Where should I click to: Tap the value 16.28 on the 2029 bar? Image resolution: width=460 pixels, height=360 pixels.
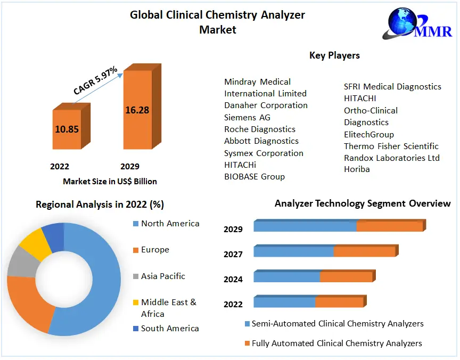point(137,110)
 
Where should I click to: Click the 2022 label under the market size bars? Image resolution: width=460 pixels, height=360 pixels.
point(60,166)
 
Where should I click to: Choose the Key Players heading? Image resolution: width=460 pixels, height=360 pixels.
point(334,55)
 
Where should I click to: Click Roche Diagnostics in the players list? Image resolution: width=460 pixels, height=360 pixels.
point(259,129)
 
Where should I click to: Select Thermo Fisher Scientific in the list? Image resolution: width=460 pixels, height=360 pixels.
point(391,146)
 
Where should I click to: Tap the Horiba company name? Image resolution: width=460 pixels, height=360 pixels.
point(357,169)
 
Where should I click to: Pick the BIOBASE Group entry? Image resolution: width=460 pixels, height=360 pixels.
point(254,176)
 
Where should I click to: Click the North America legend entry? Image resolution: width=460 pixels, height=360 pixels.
point(170,224)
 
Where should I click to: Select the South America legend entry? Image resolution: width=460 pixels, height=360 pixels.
point(169,329)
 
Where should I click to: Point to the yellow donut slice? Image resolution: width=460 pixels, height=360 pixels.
point(32,243)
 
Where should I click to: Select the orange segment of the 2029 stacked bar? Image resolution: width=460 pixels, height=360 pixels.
point(389,226)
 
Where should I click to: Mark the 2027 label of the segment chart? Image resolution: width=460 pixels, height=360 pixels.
point(233,255)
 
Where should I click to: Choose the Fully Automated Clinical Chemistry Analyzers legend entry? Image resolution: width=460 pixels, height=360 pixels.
point(336,343)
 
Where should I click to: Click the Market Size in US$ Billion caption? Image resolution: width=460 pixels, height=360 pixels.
point(110,182)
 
